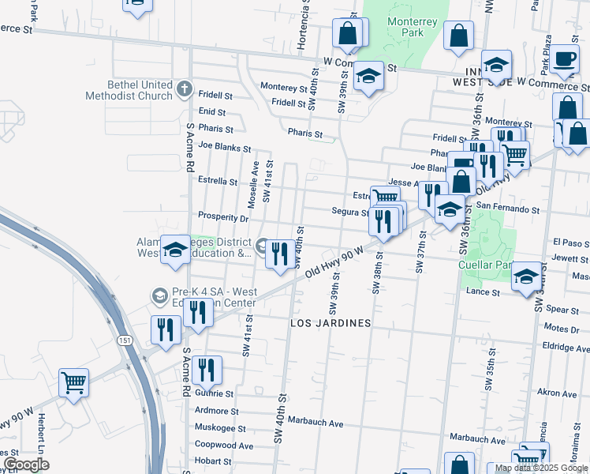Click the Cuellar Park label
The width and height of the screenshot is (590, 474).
pyautogui.click(x=485, y=265)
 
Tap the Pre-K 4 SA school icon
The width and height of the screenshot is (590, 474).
pyautogui.click(x=159, y=295)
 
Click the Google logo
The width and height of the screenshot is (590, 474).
pyautogui.click(x=25, y=465)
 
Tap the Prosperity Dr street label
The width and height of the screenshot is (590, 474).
pyautogui.click(x=223, y=216)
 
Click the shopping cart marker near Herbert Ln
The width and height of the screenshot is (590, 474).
pyautogui.click(x=73, y=383)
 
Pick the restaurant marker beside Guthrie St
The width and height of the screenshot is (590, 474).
pyautogui.click(x=207, y=370)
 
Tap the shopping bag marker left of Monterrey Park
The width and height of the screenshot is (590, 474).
pyautogui.click(x=348, y=34)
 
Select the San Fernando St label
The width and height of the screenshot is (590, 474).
pyautogui.click(x=507, y=210)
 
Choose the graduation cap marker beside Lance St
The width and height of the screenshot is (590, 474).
pyautogui.click(x=526, y=277)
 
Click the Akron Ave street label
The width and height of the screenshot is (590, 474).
pyautogui.click(x=557, y=393)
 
